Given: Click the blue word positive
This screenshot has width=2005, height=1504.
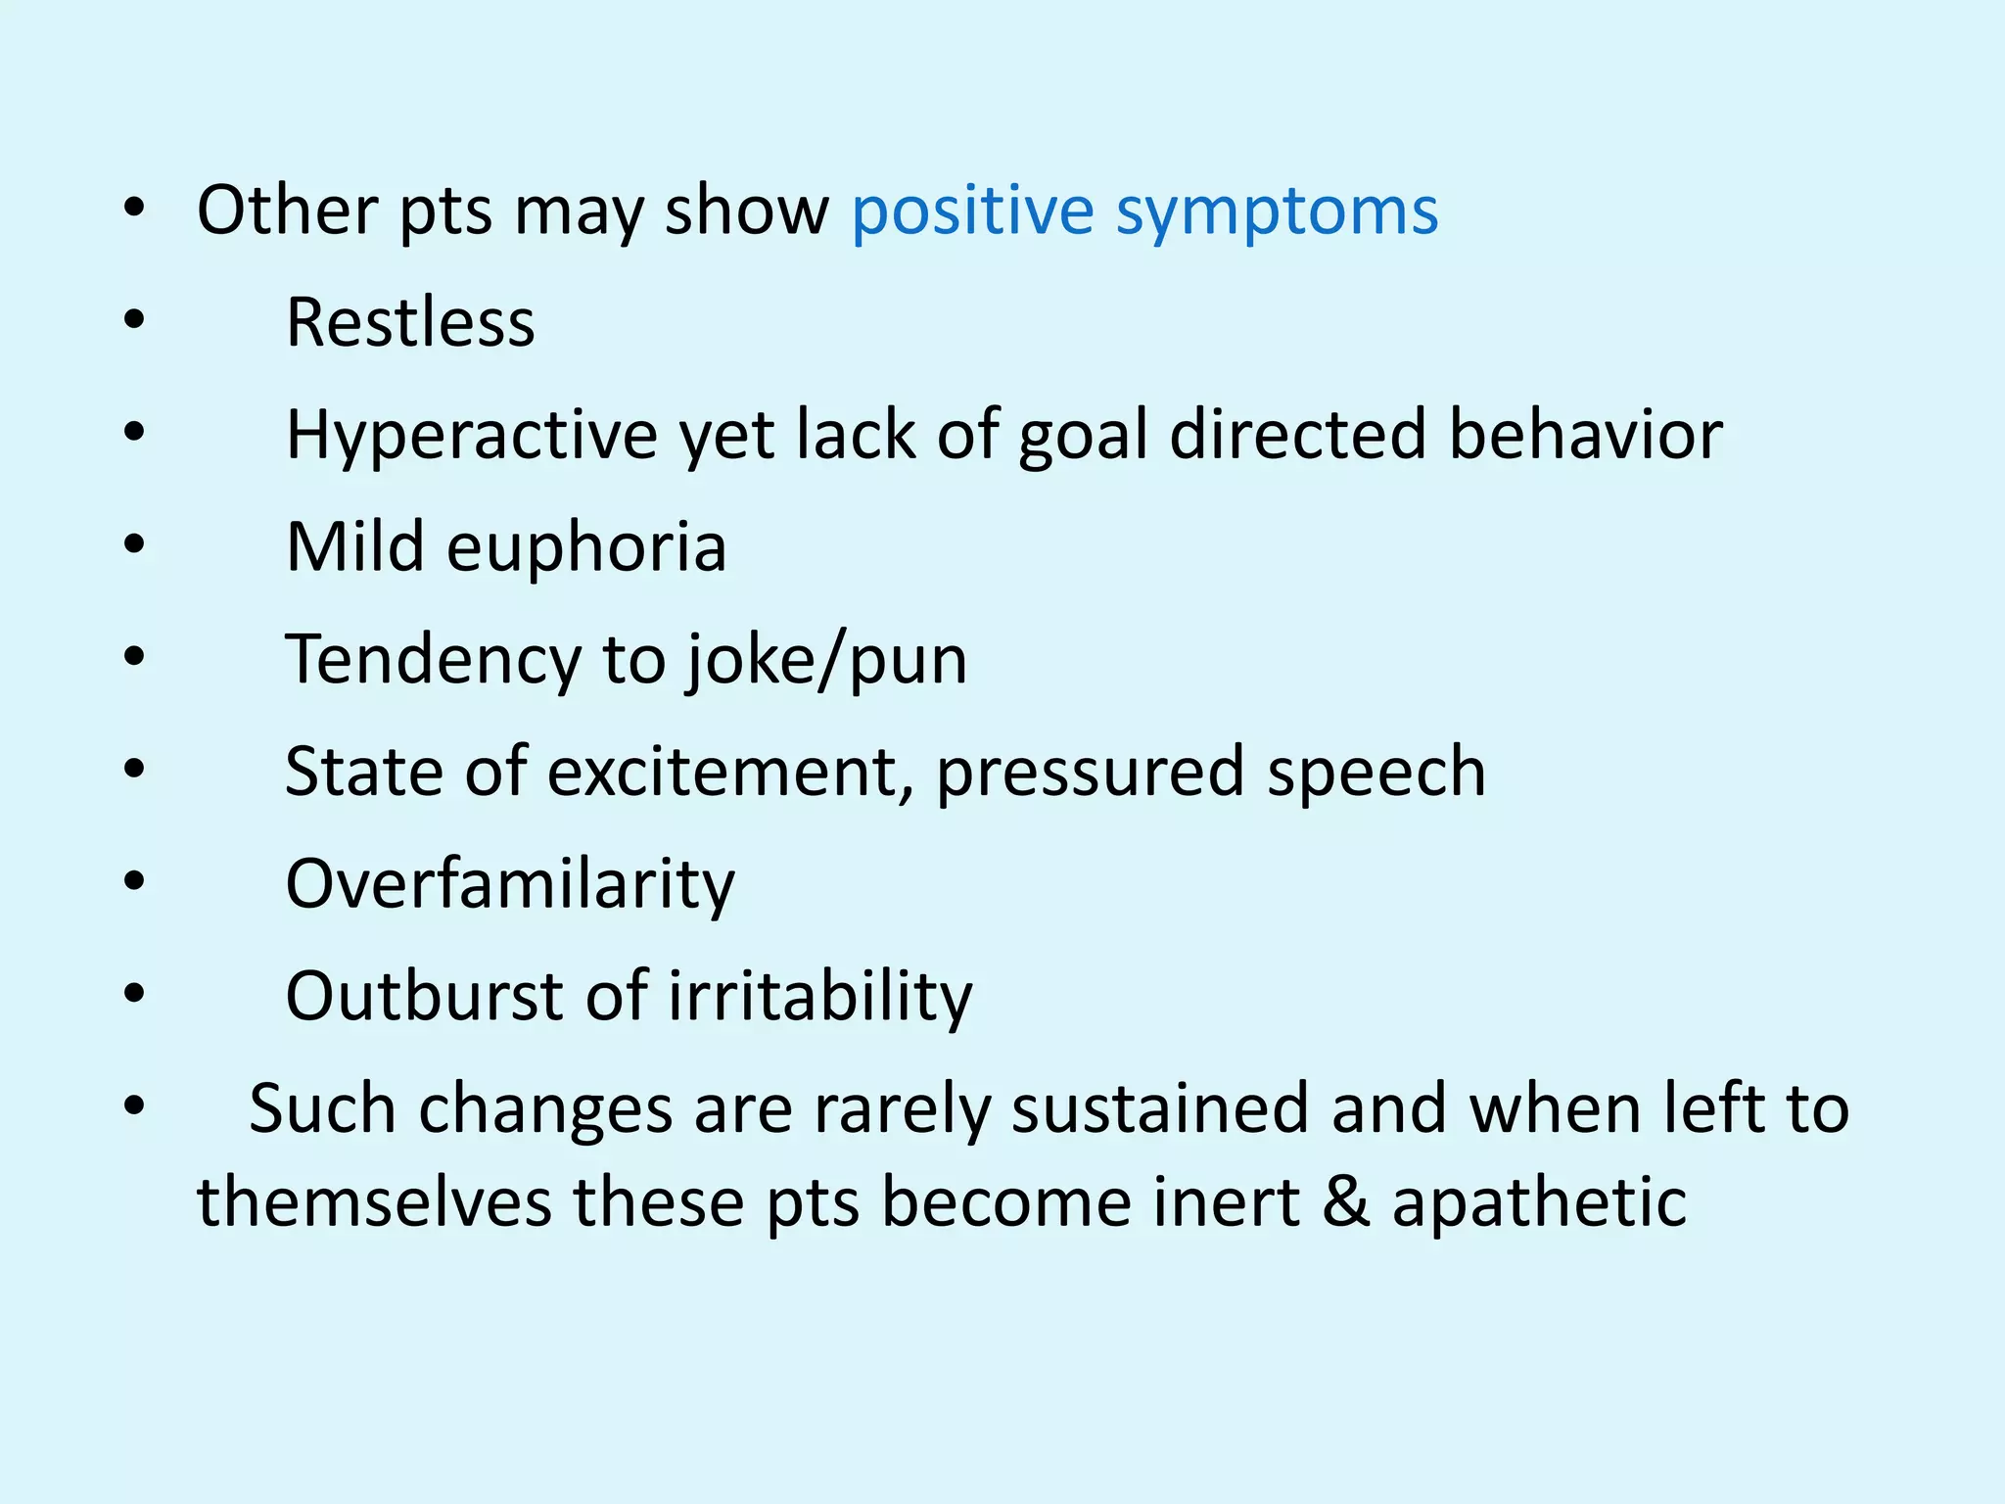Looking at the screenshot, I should click(x=971, y=212).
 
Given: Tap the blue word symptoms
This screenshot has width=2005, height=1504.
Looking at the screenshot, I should click(x=1277, y=212).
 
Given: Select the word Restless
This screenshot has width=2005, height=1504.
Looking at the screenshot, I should click(x=410, y=323).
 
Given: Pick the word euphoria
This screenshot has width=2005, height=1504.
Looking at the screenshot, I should click(x=586, y=548).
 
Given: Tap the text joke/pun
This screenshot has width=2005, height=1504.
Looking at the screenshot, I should click(x=826, y=661).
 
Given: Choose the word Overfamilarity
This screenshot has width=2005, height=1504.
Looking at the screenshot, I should click(x=509, y=885).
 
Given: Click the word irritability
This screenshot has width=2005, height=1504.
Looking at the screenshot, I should click(x=820, y=997).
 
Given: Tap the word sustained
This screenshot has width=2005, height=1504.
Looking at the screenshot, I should click(x=1159, y=1109).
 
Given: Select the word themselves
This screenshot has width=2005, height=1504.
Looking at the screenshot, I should click(x=374, y=1202).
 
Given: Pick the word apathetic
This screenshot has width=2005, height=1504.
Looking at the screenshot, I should click(x=1539, y=1202).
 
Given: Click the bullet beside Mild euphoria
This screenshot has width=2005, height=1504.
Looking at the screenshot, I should click(x=134, y=544).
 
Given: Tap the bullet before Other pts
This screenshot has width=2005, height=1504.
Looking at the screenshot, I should click(x=134, y=208).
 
